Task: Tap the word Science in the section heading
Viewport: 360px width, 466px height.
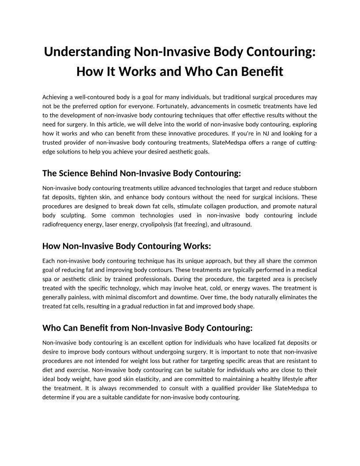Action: point(75,173)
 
